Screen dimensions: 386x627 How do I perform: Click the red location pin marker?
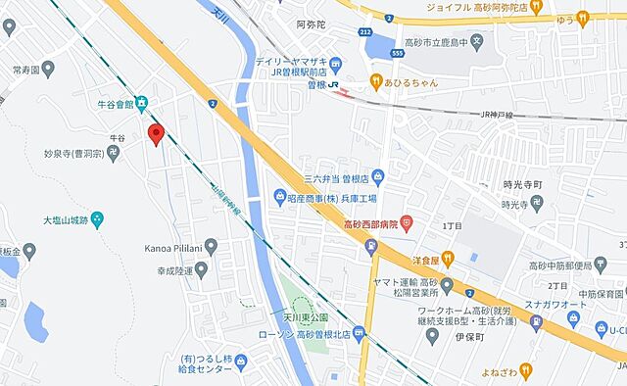click(154, 135)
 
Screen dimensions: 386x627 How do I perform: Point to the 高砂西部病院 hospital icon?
click(408, 224)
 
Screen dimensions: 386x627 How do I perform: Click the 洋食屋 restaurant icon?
click(449, 259)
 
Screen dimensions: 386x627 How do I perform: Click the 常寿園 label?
click(26, 72)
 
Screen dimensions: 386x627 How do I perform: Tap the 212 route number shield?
click(365, 33)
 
